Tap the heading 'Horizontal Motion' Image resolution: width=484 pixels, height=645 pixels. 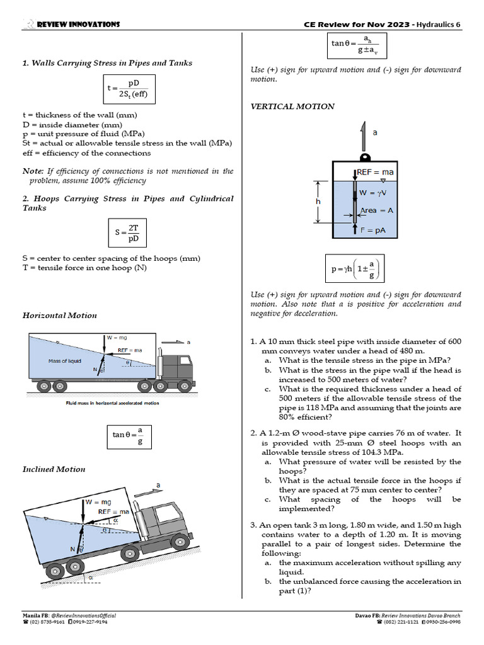click(60, 315)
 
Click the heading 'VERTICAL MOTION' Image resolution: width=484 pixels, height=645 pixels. click(292, 106)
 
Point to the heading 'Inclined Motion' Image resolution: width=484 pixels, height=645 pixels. click(54, 469)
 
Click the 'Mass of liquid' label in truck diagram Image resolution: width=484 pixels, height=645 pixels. click(64, 361)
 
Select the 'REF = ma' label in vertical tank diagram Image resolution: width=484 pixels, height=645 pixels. click(376, 172)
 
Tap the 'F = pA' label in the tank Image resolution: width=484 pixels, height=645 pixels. click(373, 231)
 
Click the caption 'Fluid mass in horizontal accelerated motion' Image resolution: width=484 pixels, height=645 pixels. click(113, 403)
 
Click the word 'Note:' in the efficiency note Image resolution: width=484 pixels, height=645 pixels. click(32, 171)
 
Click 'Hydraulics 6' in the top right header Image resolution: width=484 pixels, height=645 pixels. click(439, 24)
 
